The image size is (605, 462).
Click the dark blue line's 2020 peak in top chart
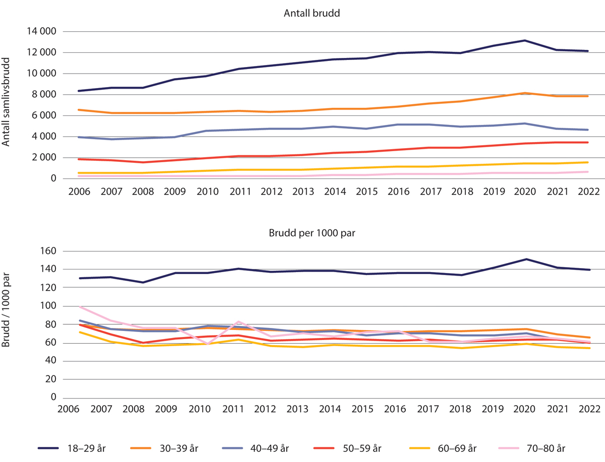coord(525,40)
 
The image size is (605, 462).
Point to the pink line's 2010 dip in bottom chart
coord(207,344)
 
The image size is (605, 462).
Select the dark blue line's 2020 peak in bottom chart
coord(526,259)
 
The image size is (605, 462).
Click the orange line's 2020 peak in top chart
coord(525,93)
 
